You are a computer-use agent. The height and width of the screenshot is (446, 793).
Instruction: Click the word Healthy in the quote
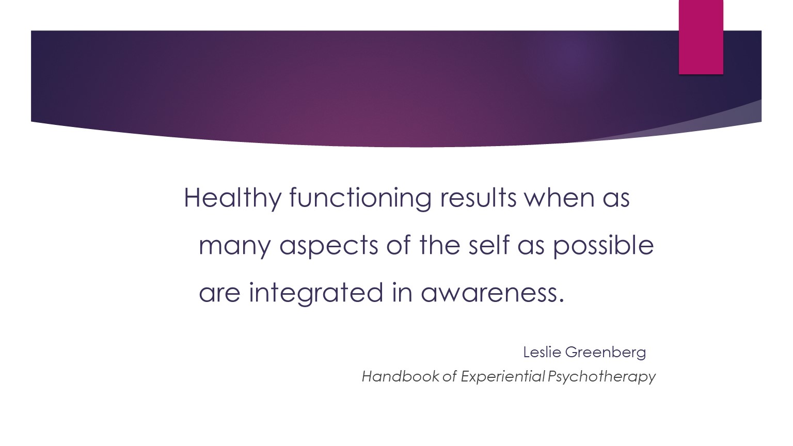coord(233,198)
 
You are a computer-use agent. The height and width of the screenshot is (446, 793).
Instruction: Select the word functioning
coord(360,198)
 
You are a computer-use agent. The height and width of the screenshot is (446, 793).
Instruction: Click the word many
coord(235,247)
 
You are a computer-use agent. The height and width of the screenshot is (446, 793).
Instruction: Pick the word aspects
coord(329,247)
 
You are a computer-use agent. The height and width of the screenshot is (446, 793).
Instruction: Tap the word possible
coord(604,246)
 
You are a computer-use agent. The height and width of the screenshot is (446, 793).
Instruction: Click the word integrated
coord(316,293)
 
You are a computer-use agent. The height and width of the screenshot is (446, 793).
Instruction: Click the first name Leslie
coord(543,352)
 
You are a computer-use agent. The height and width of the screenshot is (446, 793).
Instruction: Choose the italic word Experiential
coord(503,377)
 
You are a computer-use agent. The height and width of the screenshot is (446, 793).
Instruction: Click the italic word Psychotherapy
coord(601,377)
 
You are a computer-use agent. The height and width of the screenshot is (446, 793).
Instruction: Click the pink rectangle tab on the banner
coord(701,37)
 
